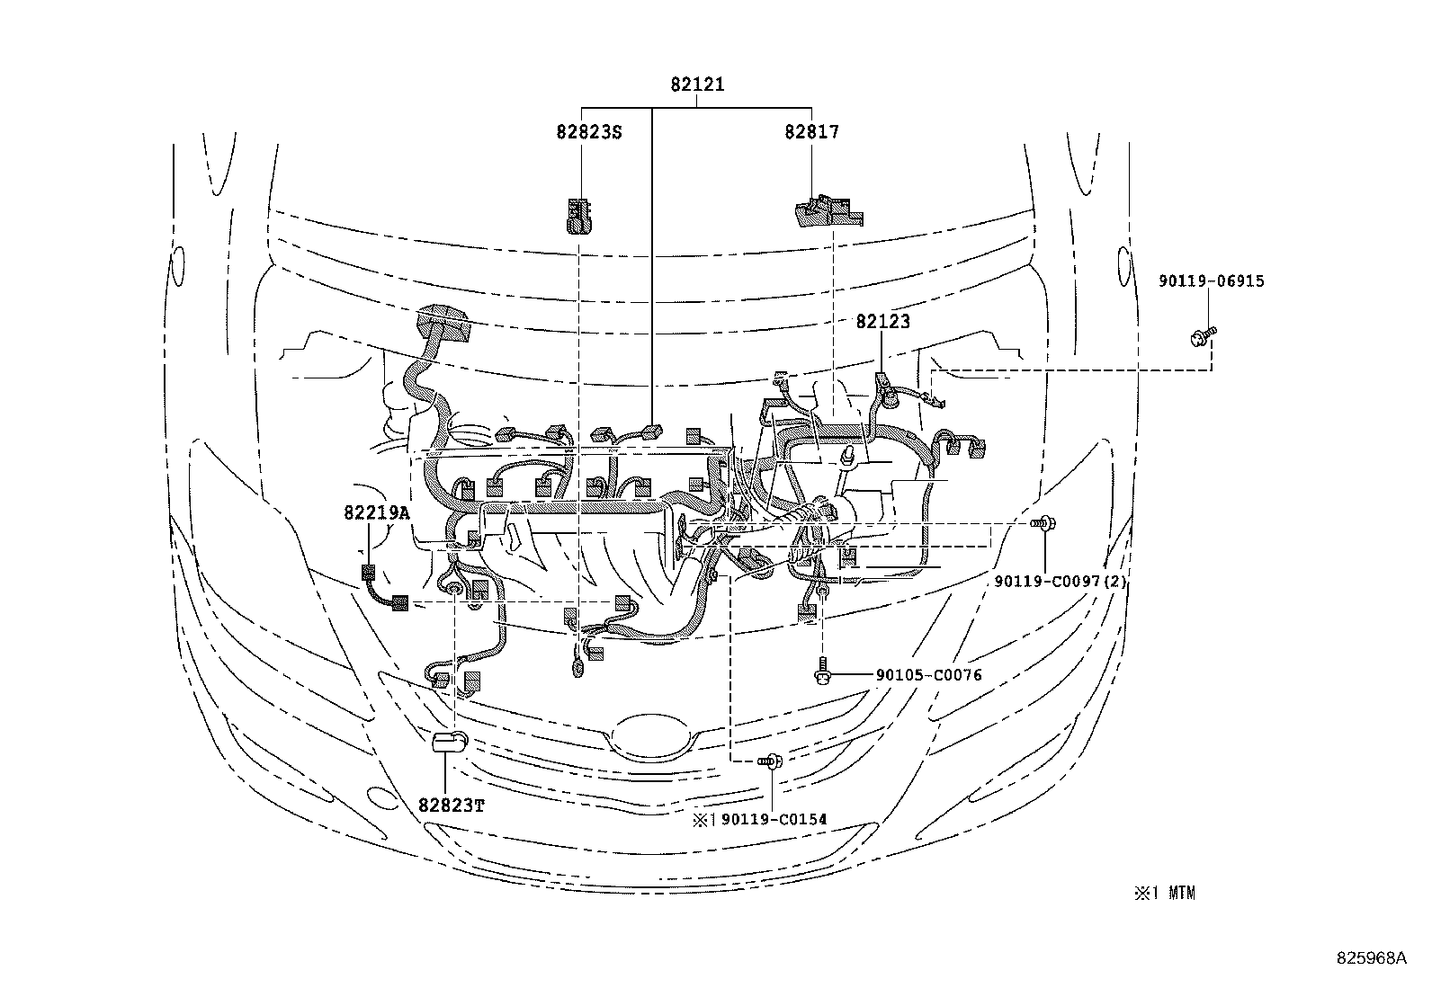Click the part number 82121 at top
point(697,85)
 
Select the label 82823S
point(589,132)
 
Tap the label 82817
point(811,132)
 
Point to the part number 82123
point(882,321)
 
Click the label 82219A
point(376,513)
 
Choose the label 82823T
point(452,805)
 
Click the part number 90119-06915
point(1212,281)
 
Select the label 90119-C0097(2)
point(1061,582)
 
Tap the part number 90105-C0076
point(928,675)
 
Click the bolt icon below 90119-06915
point(1202,337)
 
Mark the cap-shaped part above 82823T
point(450,742)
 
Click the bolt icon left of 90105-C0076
point(822,674)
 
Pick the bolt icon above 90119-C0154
point(772,762)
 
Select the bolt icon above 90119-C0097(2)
point(1045,521)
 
